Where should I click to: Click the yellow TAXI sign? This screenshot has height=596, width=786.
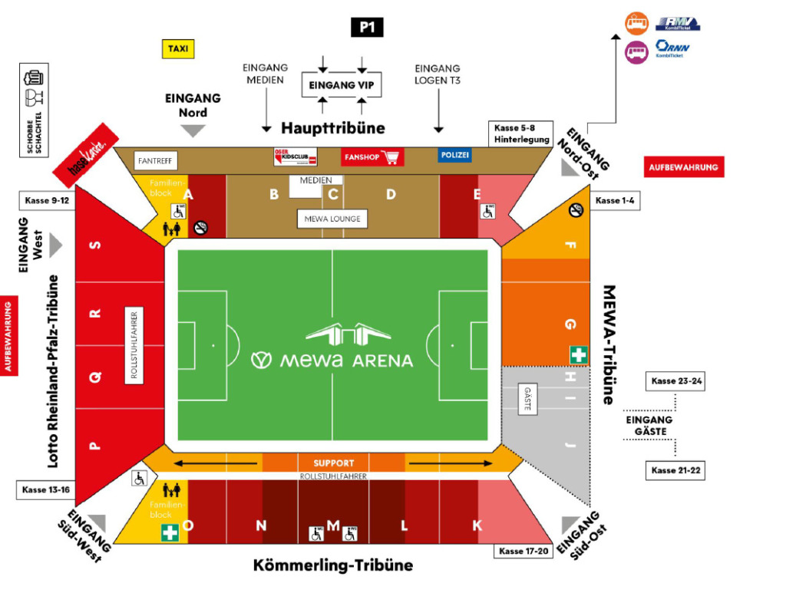pos(177,49)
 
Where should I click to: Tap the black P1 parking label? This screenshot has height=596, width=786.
pos(366,28)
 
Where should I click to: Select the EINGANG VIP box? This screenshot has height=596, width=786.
pos(342,84)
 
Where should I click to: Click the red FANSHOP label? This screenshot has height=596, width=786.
pos(372,157)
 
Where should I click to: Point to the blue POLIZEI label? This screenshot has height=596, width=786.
pos(455,155)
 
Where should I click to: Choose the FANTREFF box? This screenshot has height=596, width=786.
pos(156,161)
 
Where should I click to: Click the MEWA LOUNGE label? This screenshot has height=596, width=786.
pos(332,219)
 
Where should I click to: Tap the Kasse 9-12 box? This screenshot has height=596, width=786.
pos(47,201)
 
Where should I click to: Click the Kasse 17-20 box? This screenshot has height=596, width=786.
pos(524,551)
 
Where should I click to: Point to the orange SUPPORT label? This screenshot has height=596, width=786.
pos(334,463)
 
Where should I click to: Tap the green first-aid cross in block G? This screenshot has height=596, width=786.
pos(579,354)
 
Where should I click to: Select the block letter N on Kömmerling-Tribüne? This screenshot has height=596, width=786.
pos(261,525)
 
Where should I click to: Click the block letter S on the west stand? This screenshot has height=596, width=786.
pos(96,245)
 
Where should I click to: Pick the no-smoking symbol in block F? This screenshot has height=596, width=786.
pos(576,209)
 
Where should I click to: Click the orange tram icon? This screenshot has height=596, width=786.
pos(636,24)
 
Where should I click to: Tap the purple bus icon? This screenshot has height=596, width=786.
pos(636,52)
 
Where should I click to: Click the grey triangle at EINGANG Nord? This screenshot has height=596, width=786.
pos(193,130)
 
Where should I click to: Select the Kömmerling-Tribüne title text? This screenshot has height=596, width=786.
pos(333,565)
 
